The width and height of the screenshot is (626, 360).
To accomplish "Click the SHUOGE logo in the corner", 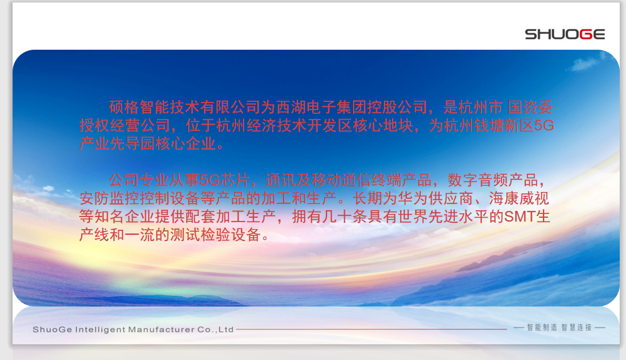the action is (564, 35).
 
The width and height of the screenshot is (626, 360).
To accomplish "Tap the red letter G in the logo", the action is (585, 35).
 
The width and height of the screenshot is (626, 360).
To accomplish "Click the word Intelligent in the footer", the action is (100, 330).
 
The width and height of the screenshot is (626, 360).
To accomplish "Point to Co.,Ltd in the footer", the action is (215, 330).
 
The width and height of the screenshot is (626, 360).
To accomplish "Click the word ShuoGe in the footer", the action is (52, 330).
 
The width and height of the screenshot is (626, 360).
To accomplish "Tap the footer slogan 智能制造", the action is (542, 328).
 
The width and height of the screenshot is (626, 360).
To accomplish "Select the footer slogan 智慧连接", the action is (576, 328).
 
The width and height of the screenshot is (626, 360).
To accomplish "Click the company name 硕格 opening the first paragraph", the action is (124, 107).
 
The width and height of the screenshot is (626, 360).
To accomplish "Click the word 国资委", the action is (530, 107).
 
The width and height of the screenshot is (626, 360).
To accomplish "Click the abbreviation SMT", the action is (520, 217).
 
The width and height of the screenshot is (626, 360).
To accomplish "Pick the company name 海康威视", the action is (519, 199).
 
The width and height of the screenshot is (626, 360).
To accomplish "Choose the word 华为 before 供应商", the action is (413, 199).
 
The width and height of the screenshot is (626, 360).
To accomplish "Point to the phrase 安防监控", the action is (109, 199).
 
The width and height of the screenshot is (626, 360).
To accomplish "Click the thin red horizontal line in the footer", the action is (371, 329).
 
